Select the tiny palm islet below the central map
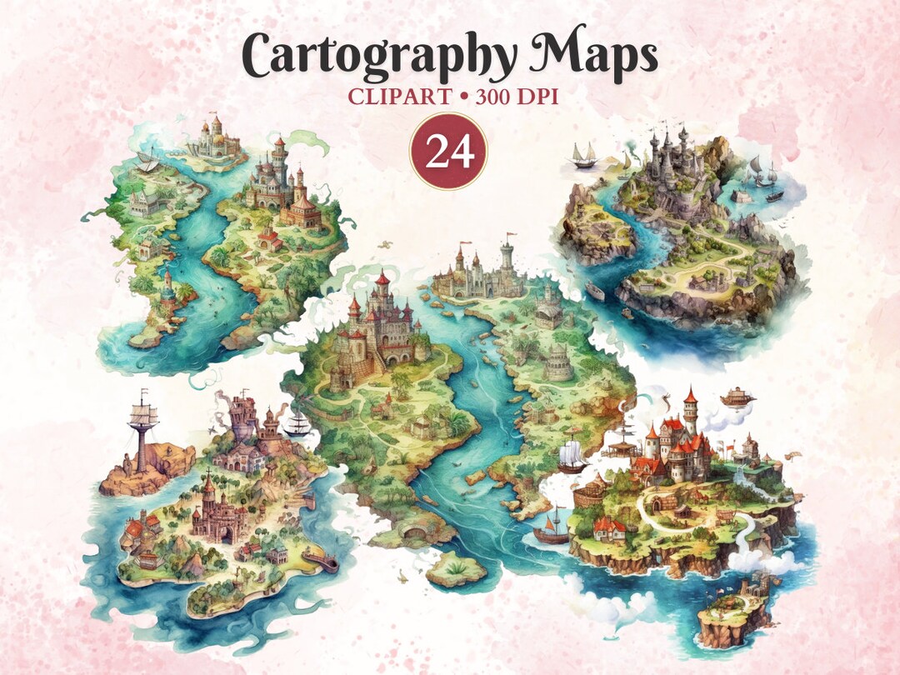point(456,567)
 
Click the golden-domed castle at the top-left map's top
point(216,138)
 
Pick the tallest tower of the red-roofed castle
point(690,408)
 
